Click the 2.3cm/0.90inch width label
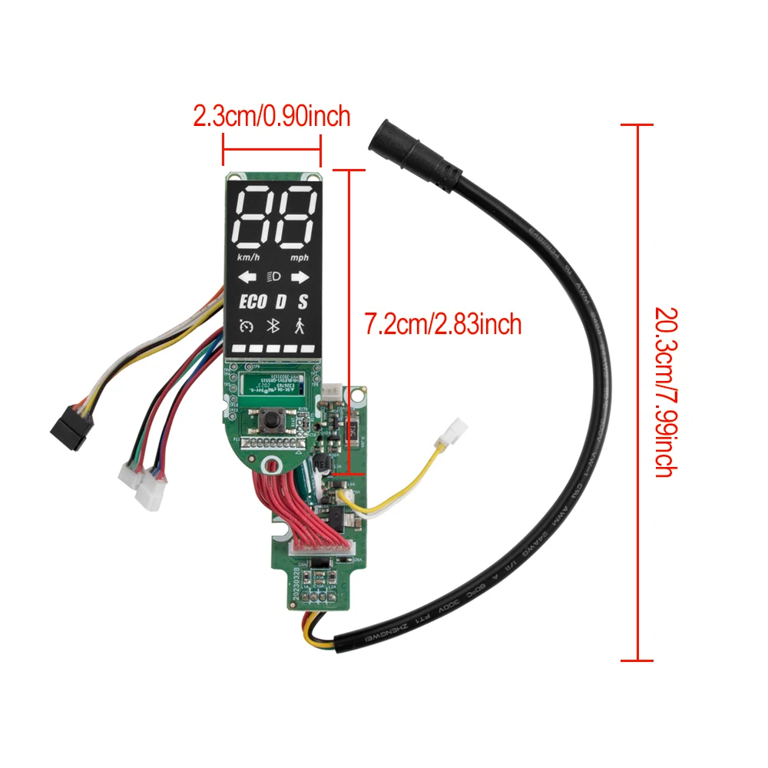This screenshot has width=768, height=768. (x=272, y=117)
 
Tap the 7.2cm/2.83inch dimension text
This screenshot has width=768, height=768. (x=443, y=324)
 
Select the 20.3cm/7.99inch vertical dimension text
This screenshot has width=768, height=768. (x=665, y=392)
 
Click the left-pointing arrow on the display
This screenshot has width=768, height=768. (x=246, y=277)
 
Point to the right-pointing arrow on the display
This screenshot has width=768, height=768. (x=299, y=277)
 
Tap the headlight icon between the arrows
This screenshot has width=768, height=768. (x=273, y=277)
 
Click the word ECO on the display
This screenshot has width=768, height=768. (x=252, y=301)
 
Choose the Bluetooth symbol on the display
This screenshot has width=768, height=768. (x=272, y=326)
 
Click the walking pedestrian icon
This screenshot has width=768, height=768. (x=299, y=326)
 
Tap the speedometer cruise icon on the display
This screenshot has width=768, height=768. (x=246, y=326)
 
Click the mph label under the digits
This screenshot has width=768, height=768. (x=300, y=257)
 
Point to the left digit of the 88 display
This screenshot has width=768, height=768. (x=253, y=216)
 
